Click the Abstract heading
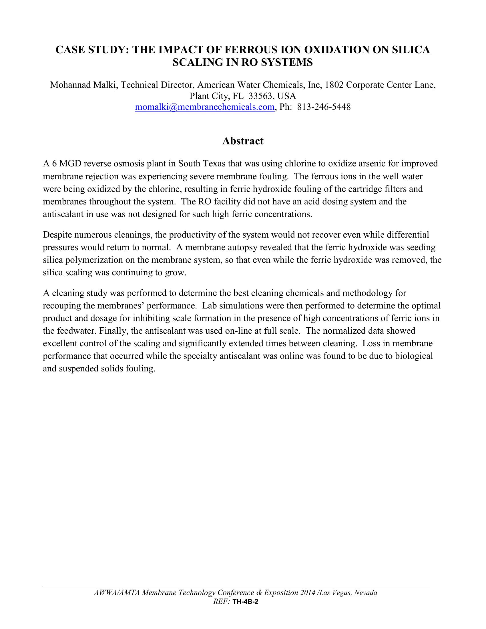[243, 141]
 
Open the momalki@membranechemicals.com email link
[204, 107]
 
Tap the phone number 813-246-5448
[324, 107]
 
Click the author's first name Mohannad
[69, 85]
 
